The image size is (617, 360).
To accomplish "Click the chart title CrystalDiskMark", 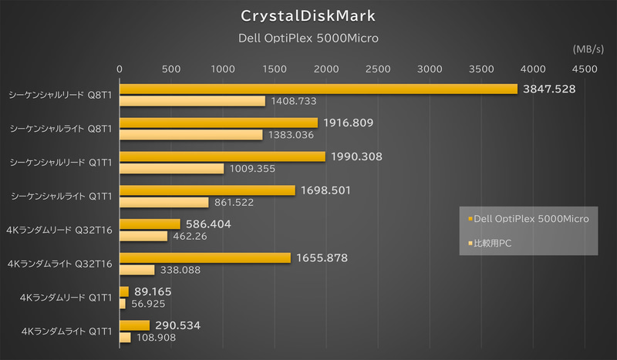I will [x=308, y=15].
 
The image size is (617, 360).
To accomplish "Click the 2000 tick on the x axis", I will [x=326, y=69].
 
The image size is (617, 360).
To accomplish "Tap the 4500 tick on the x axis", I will [x=585, y=69].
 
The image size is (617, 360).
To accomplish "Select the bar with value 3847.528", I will [x=318, y=89].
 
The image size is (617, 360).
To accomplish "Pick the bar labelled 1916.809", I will [x=218, y=123].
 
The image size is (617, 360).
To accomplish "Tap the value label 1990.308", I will [x=356, y=156].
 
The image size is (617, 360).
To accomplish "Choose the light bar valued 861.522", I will [x=164, y=202].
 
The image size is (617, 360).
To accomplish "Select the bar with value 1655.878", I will [x=204, y=257].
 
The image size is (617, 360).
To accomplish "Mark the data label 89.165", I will [x=153, y=291].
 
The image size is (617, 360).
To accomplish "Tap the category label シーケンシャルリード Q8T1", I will [x=59, y=95].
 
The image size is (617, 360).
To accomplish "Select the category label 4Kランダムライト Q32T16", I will [x=59, y=264].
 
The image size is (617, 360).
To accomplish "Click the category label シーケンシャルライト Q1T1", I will [x=59, y=196].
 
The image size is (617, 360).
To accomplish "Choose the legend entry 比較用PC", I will [x=494, y=243].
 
